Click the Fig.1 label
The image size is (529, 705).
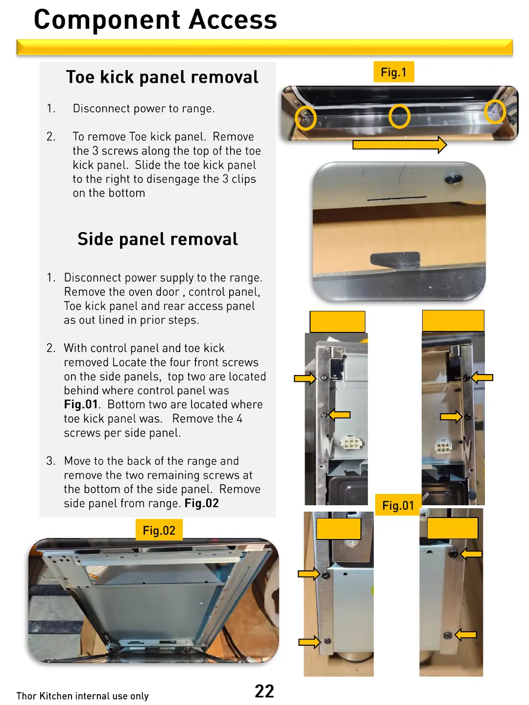pos(394,72)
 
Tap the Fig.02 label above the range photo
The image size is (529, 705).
pos(159,530)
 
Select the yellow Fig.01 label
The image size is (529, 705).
pos(398,505)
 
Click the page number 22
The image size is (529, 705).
pos(264,691)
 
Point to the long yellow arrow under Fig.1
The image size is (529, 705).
pos(399,144)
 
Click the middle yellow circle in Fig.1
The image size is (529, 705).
pos(399,117)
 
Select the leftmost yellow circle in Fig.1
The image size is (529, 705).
pos(306,118)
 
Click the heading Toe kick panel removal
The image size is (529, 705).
pos(162,77)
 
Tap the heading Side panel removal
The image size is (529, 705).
pos(158,239)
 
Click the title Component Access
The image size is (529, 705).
pos(155,20)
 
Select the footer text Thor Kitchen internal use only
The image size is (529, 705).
pos(82,696)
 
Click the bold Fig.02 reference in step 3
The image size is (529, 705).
pos(202,503)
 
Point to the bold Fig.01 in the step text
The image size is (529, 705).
pos(81,404)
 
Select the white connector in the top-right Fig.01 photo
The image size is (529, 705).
pos(443,446)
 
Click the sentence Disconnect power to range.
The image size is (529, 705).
pos(144,109)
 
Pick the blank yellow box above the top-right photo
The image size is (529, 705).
pos(453,321)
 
